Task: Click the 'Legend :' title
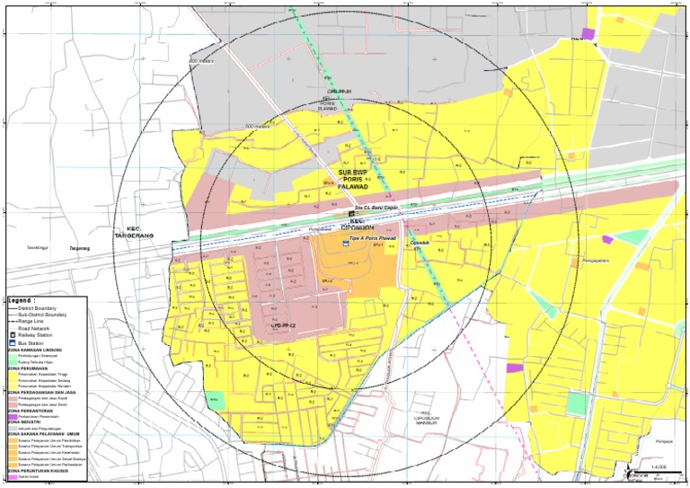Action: pyautogui.click(x=22, y=300)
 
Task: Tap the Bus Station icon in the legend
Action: pyautogui.click(x=13, y=342)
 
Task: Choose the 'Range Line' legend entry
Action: pyautogui.click(x=31, y=321)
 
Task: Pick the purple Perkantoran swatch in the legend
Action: pyautogui.click(x=13, y=416)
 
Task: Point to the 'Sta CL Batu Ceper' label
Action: pyautogui.click(x=376, y=208)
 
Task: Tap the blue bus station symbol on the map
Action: pyautogui.click(x=345, y=242)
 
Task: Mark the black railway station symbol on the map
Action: pyautogui.click(x=351, y=213)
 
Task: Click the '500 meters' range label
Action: pyautogui.click(x=257, y=127)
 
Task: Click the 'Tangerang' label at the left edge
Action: pyautogui.click(x=82, y=249)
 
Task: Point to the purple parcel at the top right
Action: pyautogui.click(x=588, y=33)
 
